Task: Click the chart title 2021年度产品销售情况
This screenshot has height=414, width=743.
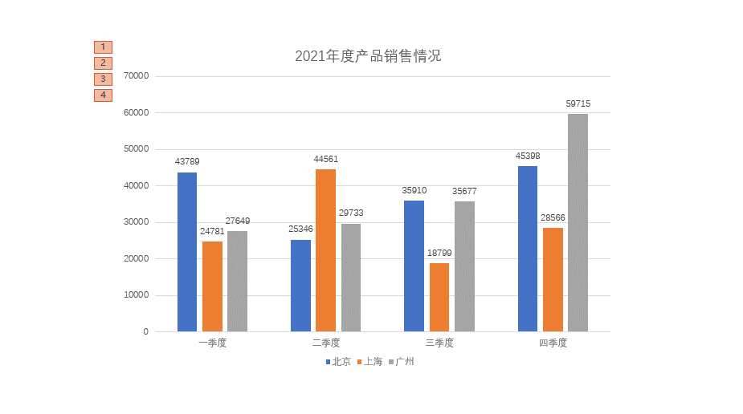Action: click(368, 56)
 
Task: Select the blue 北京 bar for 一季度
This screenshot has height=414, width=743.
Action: click(187, 252)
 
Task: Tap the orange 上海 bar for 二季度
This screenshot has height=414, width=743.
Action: click(325, 250)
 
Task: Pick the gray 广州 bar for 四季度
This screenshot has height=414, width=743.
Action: click(578, 222)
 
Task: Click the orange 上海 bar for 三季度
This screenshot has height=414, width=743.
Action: click(439, 297)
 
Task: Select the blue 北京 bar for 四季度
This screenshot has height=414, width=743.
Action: click(528, 249)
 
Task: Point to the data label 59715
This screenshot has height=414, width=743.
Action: click(578, 103)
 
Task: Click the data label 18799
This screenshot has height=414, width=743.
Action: click(439, 253)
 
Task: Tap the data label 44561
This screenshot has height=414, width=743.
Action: click(325, 159)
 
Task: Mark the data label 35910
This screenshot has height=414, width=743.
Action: click(414, 190)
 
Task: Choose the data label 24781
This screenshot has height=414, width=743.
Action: click(212, 231)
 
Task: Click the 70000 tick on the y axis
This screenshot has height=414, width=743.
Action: click(136, 76)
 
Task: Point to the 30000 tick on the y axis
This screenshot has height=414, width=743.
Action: click(136, 222)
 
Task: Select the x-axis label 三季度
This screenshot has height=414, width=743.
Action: click(439, 343)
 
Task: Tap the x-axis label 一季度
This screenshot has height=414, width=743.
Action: click(212, 343)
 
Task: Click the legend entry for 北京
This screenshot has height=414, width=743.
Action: click(338, 362)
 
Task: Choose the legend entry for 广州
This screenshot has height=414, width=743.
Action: click(402, 362)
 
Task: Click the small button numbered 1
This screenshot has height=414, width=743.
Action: click(103, 47)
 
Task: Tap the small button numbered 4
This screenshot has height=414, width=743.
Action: click(103, 95)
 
